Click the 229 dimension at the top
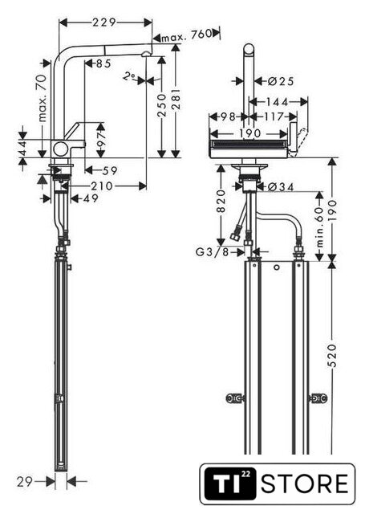pyautogui.click(x=104, y=22)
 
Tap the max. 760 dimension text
pyautogui.click(x=186, y=35)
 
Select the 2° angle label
pyautogui.click(x=130, y=76)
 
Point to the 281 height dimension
pyautogui.click(x=176, y=99)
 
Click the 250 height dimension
pyautogui.click(x=162, y=105)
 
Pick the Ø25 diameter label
pyautogui.click(x=281, y=81)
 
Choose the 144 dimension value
pyautogui.click(x=277, y=102)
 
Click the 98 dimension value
pyautogui.click(x=228, y=116)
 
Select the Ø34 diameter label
pyautogui.click(x=281, y=186)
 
